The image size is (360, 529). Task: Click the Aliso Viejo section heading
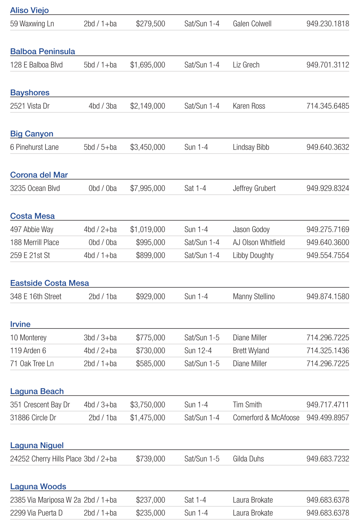point(29,10)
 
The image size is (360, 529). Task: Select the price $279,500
point(150,24)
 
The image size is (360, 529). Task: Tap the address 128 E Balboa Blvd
point(36,65)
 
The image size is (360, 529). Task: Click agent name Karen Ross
point(249,106)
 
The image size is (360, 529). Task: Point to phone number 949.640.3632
point(327,147)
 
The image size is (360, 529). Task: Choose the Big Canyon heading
point(32,134)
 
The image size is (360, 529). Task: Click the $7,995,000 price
point(148,189)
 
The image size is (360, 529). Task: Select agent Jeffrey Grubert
point(254,189)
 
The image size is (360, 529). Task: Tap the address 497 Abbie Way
point(32,230)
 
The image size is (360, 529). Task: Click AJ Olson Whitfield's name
point(258,242)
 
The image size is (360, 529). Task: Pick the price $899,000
point(150,256)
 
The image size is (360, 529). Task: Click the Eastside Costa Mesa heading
point(50,283)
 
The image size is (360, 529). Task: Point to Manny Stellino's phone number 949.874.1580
point(327,297)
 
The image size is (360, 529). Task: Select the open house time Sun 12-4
point(198,351)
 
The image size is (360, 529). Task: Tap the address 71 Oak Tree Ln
point(32,364)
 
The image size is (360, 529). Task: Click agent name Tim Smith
point(247,405)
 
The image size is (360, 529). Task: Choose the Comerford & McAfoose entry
point(266,418)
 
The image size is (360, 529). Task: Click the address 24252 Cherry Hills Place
point(46,459)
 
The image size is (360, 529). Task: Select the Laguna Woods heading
point(38,487)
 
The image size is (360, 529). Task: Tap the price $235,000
point(150,513)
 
